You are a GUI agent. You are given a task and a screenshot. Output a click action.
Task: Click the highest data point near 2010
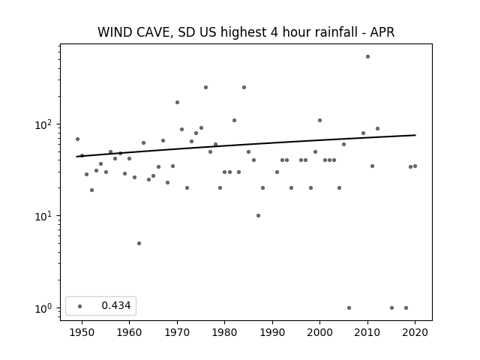pos(367,57)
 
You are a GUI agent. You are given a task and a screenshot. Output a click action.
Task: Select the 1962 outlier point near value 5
pos(139,243)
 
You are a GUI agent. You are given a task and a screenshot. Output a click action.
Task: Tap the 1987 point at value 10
pos(258,215)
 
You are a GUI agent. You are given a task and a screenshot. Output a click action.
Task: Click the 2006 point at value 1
pos(349,307)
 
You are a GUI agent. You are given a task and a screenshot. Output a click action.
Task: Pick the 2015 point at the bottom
pos(391,307)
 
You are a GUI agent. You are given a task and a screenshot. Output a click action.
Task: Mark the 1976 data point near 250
pos(205,87)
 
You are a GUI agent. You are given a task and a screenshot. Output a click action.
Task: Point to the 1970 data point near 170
pos(177,102)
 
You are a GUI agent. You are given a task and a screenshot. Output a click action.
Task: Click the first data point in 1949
pos(77,139)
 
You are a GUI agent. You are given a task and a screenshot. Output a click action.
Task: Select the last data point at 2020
pos(415,166)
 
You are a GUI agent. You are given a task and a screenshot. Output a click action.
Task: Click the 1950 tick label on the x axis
pos(82,332)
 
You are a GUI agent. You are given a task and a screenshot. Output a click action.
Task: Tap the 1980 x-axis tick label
pos(224,332)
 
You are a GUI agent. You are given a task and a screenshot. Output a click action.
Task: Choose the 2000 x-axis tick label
pos(319,332)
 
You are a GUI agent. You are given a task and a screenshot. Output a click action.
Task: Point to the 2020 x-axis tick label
pos(415,332)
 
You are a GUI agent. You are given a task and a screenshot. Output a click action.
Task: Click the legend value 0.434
pos(116,305)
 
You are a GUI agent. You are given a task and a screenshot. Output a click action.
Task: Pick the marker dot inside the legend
pos(80,306)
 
